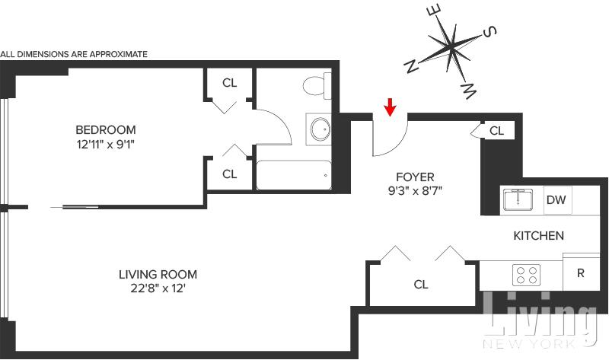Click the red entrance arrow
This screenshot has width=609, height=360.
pyautogui.click(x=390, y=107)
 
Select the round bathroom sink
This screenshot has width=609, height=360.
pyautogui.click(x=320, y=129)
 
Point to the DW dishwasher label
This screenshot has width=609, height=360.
pyautogui.click(x=555, y=200)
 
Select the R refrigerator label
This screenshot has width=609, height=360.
pyautogui.click(x=581, y=272)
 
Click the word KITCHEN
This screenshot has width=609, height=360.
pyautogui.click(x=538, y=235)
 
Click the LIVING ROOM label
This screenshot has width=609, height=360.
pyautogui.click(x=158, y=274)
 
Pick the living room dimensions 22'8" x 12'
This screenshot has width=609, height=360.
pyautogui.click(x=158, y=288)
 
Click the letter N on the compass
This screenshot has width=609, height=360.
pyautogui.click(x=411, y=67)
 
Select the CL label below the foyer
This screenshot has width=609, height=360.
pyautogui.click(x=421, y=285)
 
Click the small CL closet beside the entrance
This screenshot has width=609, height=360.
pyautogui.click(x=496, y=130)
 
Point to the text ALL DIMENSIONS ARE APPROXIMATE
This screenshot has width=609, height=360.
pyautogui.click(x=74, y=54)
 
